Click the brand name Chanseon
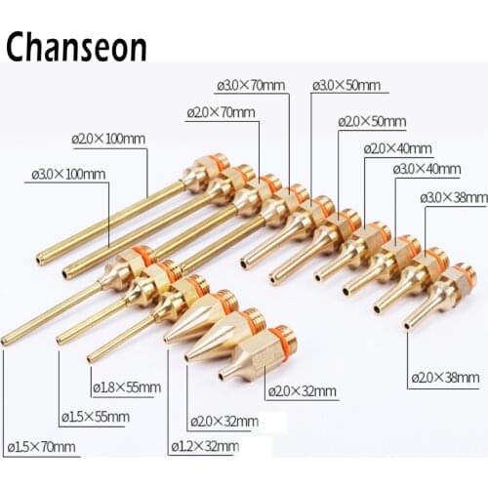(75, 46)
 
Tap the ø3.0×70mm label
(251, 86)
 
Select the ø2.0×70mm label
(221, 113)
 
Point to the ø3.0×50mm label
(346, 86)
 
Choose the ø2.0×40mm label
(397, 148)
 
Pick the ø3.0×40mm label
(427, 169)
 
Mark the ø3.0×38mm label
(454, 198)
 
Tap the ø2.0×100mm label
(108, 139)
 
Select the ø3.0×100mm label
(66, 175)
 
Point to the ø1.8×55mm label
(126, 386)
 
